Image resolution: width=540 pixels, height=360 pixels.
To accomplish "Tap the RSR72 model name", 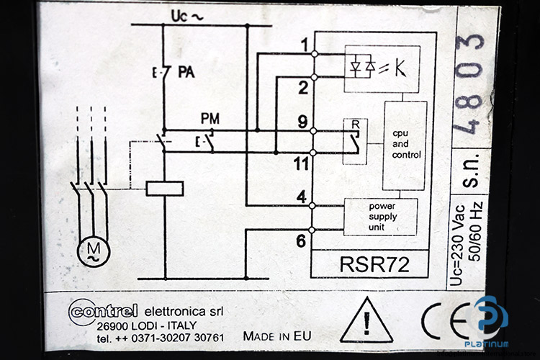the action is click(374, 264).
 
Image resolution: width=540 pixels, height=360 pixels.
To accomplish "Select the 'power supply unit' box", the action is click(381, 217).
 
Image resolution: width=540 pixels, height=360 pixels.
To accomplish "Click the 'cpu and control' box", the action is click(405, 145).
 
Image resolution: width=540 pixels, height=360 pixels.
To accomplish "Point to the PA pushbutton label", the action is click(186, 72).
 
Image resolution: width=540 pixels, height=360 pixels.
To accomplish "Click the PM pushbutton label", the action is click(210, 119).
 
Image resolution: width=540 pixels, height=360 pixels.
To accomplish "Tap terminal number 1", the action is click(305, 45).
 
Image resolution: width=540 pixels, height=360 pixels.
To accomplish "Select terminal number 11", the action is click(301, 164).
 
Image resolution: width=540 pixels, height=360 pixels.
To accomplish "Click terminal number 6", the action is click(301, 241).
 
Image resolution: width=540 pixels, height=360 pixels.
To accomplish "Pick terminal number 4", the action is click(302, 197).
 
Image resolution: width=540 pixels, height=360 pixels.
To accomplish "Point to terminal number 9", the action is click(302, 122).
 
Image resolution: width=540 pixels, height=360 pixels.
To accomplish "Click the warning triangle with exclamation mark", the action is click(366, 320).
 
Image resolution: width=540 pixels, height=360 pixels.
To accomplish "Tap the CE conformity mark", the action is click(448, 321).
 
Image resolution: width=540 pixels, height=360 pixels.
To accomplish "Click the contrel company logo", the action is click(103, 312).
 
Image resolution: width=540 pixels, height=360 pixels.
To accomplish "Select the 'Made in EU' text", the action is click(277, 336).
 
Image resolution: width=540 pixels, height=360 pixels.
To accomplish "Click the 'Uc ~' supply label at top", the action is click(187, 16).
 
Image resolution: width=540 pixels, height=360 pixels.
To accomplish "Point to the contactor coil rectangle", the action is click(165, 189).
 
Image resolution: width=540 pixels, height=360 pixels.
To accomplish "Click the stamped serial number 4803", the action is click(470, 84).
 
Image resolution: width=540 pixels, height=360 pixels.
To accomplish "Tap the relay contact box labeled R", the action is click(355, 141).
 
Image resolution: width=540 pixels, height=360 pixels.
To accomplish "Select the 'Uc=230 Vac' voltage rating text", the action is click(456, 246).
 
